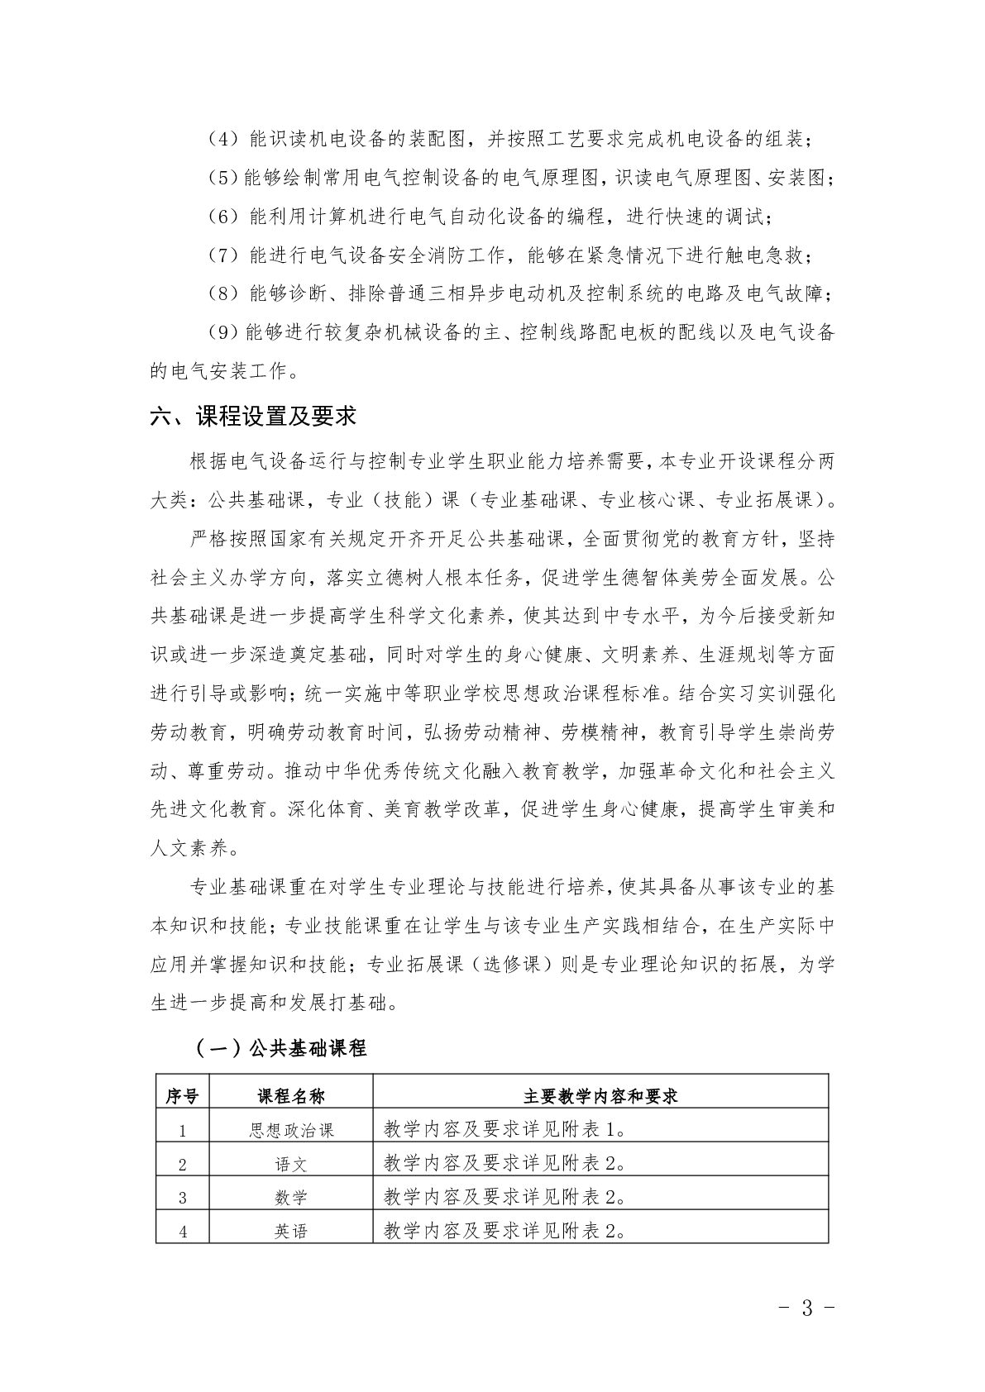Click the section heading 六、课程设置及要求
coord(253,416)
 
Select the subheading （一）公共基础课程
coord(280,1049)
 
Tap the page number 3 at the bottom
coord(808,1308)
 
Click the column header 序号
coord(183,1096)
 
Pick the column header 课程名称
coord(291,1096)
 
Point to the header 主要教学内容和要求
coord(600,1096)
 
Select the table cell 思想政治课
coord(291,1130)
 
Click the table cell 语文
coord(291,1164)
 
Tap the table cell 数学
coord(291,1198)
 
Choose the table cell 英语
coord(291,1232)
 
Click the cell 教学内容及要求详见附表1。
coord(504,1129)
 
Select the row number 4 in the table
coord(183,1232)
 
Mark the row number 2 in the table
coord(183,1165)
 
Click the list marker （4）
coord(222,139)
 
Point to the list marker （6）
coord(222,217)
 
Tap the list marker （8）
coord(222,293)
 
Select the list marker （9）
coord(222,332)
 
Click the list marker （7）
coord(222,255)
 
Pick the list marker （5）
coord(222,178)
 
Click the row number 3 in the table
coord(183,1199)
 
